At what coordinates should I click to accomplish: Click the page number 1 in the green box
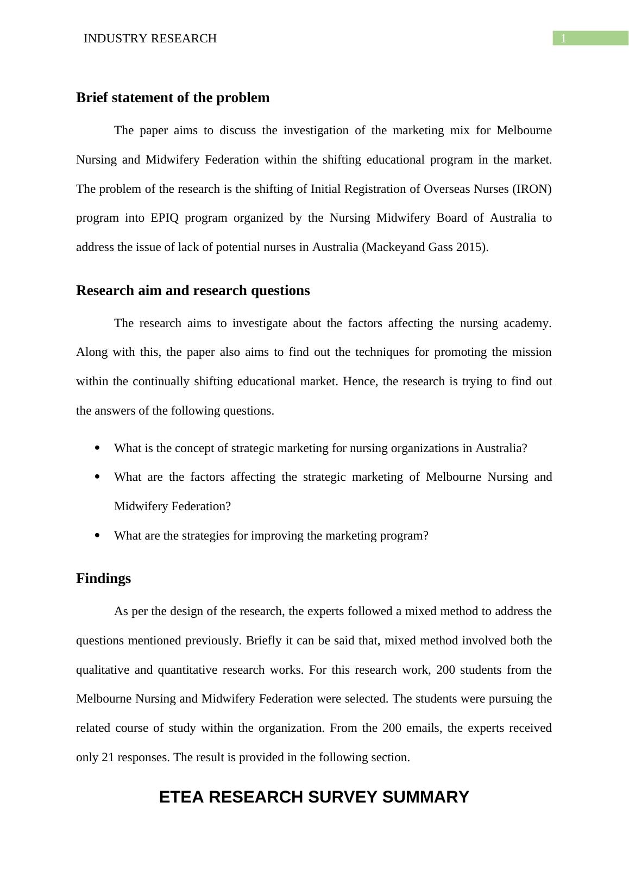(x=564, y=39)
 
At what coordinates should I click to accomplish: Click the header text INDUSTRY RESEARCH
(x=150, y=39)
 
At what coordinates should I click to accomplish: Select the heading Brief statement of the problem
(x=173, y=98)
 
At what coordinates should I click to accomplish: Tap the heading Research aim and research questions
(x=193, y=291)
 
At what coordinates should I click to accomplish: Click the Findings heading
(x=103, y=579)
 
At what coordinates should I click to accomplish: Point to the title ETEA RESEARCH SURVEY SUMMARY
(x=314, y=797)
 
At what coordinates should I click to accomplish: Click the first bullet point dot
(x=97, y=448)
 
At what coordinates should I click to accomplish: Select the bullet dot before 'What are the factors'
(x=97, y=477)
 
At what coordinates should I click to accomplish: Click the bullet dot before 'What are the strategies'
(x=97, y=536)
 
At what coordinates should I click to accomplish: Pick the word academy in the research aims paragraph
(x=527, y=323)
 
